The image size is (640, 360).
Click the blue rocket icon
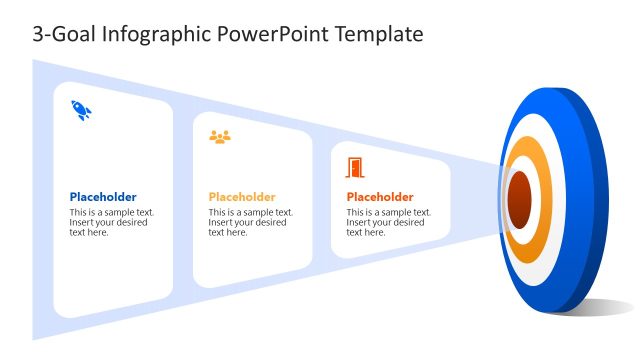(81, 110)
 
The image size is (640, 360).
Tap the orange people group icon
(220, 137)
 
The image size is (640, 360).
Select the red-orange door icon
(355, 167)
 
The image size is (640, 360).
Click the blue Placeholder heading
(103, 197)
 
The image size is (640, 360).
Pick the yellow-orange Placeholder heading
(242, 197)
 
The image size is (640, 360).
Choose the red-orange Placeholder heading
(380, 197)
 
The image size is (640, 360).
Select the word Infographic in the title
(147, 35)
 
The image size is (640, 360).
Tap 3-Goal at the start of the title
(58, 35)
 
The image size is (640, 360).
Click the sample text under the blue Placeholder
(111, 222)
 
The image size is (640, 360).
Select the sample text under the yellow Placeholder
(250, 222)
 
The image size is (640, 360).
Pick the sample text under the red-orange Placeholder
(389, 222)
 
